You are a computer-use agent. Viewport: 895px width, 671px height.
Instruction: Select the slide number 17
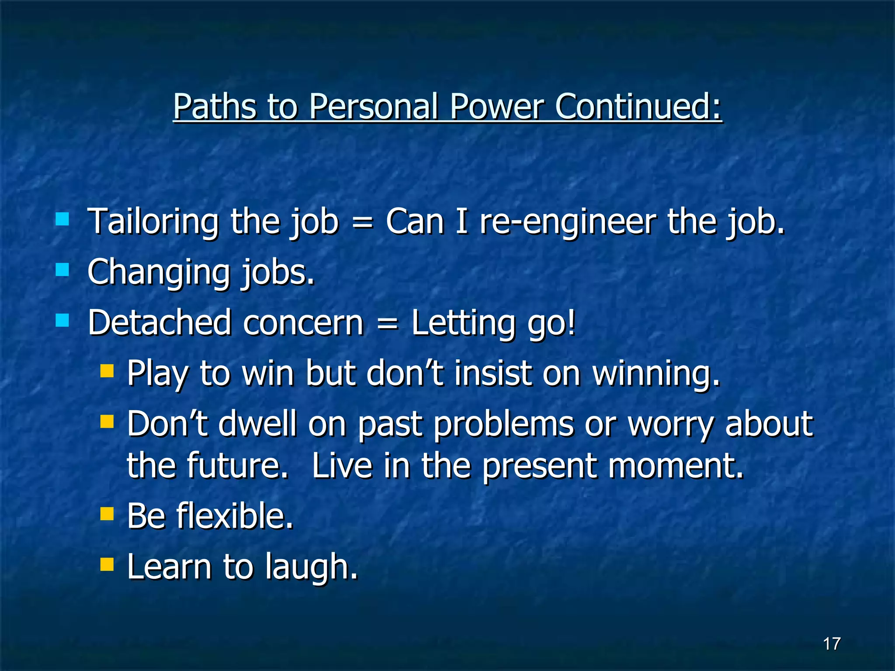(x=831, y=643)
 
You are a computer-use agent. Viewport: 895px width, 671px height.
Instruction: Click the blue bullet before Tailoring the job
(x=62, y=219)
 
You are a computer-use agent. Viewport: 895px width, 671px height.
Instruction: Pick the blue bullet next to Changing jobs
(x=62, y=270)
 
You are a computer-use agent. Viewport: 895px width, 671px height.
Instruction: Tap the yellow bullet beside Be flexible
(x=107, y=514)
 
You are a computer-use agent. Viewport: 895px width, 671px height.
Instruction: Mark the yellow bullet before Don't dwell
(x=107, y=422)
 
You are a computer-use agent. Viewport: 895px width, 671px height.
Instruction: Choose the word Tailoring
(x=153, y=222)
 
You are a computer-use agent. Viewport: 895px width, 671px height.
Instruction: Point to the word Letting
(x=463, y=323)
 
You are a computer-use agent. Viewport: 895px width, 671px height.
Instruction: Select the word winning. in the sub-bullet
(x=656, y=374)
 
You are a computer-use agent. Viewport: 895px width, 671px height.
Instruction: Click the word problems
(x=503, y=425)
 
